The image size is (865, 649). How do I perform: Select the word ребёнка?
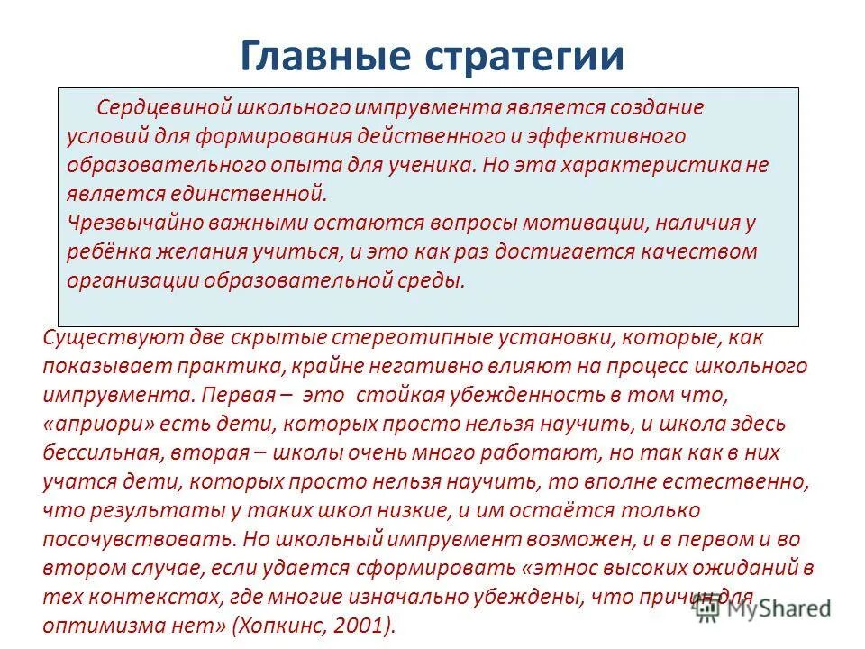(x=105, y=251)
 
